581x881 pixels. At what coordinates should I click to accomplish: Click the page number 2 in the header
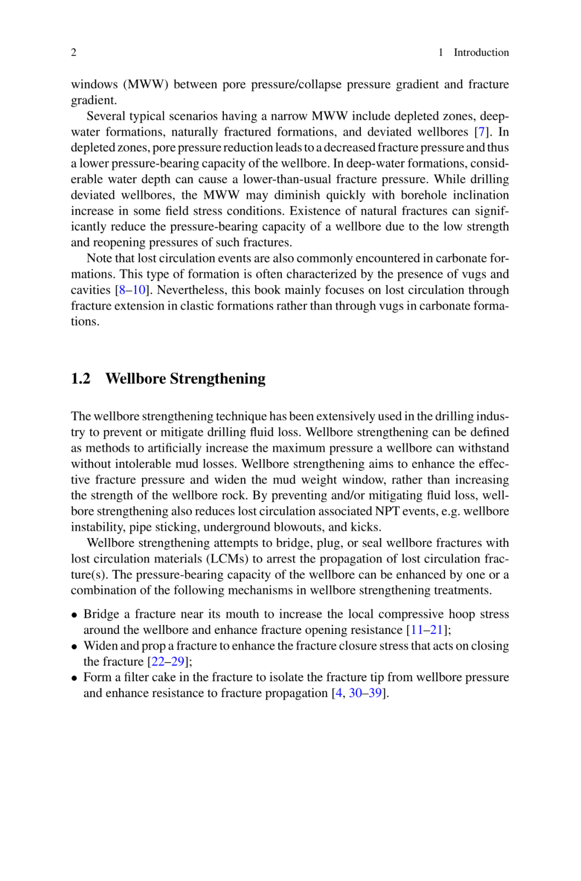[x=74, y=52]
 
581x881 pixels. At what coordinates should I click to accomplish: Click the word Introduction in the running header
[x=481, y=52]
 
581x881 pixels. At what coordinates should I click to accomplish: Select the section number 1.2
[x=81, y=379]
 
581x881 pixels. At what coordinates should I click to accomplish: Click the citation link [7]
[x=481, y=132]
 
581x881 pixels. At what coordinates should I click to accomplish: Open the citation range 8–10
[x=132, y=290]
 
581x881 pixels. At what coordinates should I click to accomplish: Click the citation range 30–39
[x=365, y=693]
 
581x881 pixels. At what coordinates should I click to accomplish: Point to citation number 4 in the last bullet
[x=338, y=693]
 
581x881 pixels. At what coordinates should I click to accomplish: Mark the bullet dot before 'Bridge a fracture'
[x=75, y=615]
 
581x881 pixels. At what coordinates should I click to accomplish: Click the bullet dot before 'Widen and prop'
[x=75, y=646]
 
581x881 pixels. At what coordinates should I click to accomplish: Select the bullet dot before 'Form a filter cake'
[x=75, y=678]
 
